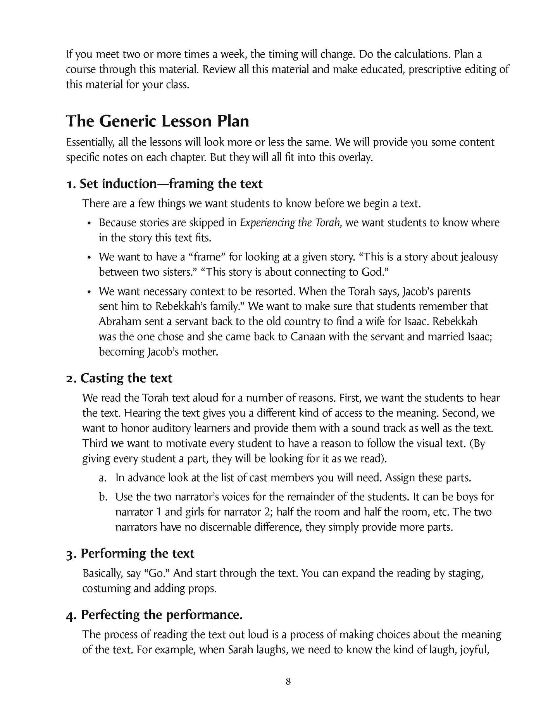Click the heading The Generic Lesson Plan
(157, 121)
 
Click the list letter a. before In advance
(102, 478)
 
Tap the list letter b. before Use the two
(102, 497)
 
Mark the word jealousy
(479, 257)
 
